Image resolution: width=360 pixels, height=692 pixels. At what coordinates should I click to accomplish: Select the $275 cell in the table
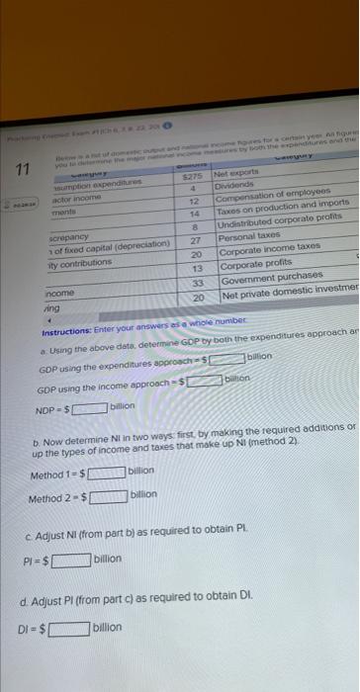(195, 173)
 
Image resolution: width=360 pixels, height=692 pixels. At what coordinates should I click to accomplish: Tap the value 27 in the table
(195, 240)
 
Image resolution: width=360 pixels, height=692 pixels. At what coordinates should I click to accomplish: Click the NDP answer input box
(87, 405)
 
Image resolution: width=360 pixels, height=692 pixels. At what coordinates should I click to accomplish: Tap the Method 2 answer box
(109, 495)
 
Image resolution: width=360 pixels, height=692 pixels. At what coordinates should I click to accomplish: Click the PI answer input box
(71, 560)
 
